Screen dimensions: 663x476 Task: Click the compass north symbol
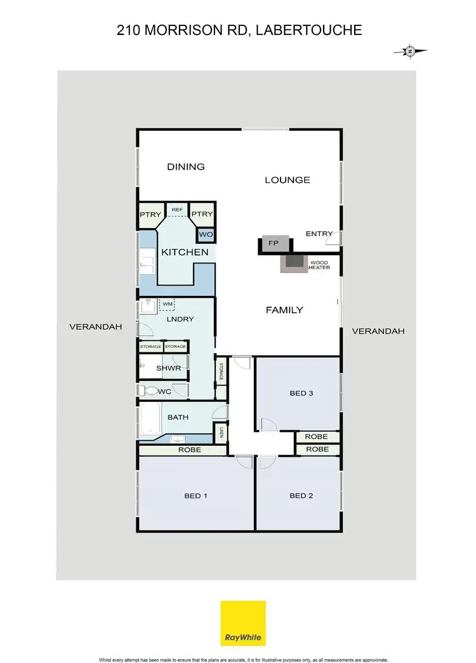pos(410,51)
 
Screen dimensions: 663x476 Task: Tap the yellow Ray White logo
pos(243,623)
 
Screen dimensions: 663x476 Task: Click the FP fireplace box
pos(274,243)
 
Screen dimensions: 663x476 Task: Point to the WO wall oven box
pos(206,235)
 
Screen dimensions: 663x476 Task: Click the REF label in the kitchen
pos(177,210)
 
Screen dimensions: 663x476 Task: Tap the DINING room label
pos(186,167)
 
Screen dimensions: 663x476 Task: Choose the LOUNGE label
pos(288,180)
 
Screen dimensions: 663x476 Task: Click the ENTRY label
pos(319,234)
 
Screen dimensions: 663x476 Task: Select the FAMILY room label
pos(284,310)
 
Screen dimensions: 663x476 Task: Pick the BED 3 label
pos(301,393)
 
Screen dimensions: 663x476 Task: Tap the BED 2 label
pos(301,495)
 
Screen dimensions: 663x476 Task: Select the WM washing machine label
pos(168,305)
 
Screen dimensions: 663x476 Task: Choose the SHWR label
pos(169,368)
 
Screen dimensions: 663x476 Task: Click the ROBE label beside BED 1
pos(190,450)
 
